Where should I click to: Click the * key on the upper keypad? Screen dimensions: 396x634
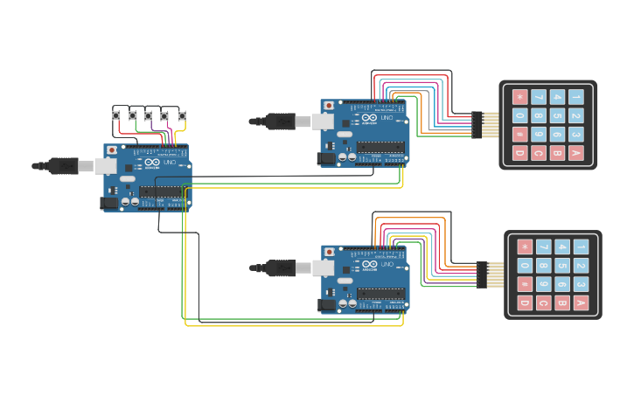click(520, 97)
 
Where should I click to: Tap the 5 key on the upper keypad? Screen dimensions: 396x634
click(557, 115)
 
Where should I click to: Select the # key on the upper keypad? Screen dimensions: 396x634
click(520, 135)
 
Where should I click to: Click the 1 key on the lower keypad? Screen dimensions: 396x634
click(581, 247)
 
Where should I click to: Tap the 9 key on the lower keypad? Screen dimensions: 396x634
click(543, 284)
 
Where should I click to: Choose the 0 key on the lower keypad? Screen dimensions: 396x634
click(525, 266)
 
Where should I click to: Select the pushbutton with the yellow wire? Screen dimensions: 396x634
click(182, 115)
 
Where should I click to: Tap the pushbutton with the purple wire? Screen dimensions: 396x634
click(164, 115)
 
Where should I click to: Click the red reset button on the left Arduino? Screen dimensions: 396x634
click(112, 150)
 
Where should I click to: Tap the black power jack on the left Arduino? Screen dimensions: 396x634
click(109, 203)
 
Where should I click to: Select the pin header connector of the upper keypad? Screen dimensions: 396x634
click(477, 125)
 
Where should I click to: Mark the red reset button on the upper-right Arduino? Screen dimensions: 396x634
click(329, 106)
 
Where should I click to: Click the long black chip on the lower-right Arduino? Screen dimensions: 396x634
click(381, 294)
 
